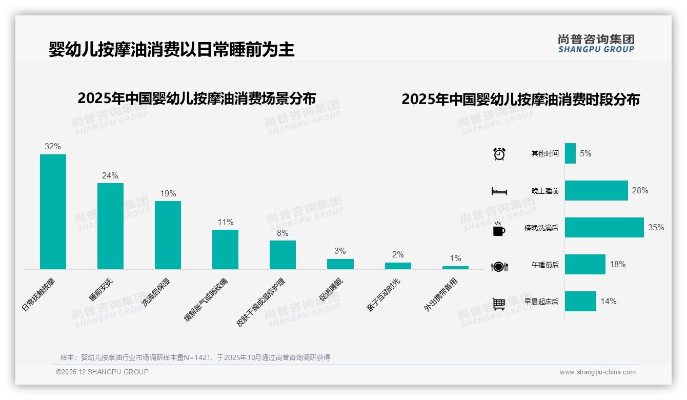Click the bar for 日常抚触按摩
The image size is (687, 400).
(x=53, y=211)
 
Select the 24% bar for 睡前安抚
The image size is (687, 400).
(x=110, y=226)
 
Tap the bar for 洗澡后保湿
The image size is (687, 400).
(x=168, y=235)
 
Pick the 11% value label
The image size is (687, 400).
(x=225, y=222)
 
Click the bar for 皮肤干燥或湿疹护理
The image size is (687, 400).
(x=282, y=254)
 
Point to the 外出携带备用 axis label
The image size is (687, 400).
(x=440, y=295)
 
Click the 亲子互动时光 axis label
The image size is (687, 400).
(x=383, y=295)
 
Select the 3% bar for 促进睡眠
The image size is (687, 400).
(x=340, y=264)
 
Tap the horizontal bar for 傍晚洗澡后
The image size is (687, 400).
(x=604, y=227)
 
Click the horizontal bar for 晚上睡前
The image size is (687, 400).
(x=596, y=190)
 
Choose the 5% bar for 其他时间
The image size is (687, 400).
(x=570, y=153)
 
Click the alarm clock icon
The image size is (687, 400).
(x=499, y=154)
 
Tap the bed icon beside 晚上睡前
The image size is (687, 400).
(x=499, y=191)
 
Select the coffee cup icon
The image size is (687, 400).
(x=499, y=229)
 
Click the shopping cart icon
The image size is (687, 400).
(x=499, y=304)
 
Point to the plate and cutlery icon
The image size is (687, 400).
(x=499, y=266)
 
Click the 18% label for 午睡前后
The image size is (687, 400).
(x=617, y=265)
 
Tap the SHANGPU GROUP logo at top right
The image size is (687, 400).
(x=596, y=43)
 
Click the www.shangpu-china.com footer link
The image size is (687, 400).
(x=597, y=372)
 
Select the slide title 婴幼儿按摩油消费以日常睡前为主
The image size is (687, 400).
(x=171, y=50)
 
